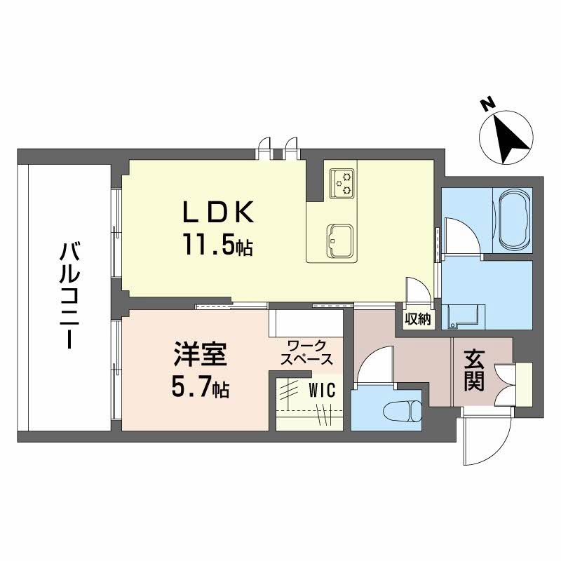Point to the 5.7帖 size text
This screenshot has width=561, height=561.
[x=201, y=388]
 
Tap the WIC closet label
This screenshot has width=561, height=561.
[x=323, y=388]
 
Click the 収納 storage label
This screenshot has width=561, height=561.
[x=417, y=318]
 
